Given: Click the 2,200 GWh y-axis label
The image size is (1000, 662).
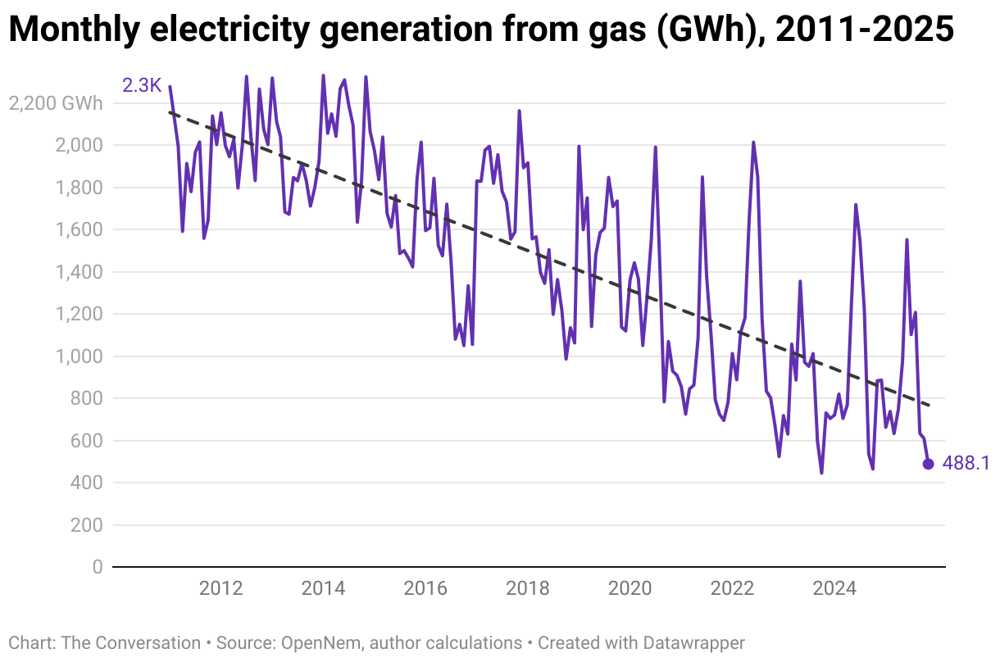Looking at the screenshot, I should [56, 103].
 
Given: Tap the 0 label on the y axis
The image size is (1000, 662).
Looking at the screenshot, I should [98, 567].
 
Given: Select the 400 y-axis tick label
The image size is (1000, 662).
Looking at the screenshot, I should [86, 483].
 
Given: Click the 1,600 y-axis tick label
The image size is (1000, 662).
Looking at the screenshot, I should [80, 230].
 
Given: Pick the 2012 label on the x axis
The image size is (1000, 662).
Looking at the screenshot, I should [220, 588].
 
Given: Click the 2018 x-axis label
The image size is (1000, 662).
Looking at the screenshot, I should [528, 588].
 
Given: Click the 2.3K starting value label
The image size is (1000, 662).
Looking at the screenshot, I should [141, 84].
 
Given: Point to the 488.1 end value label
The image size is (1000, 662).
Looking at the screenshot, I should [966, 464].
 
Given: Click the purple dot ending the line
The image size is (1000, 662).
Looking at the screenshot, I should [928, 464].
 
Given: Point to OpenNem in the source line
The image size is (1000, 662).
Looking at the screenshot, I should [311, 643].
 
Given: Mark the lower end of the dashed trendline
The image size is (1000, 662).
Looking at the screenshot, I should [930, 405].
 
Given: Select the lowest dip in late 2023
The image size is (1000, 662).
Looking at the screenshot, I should [821, 473].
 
